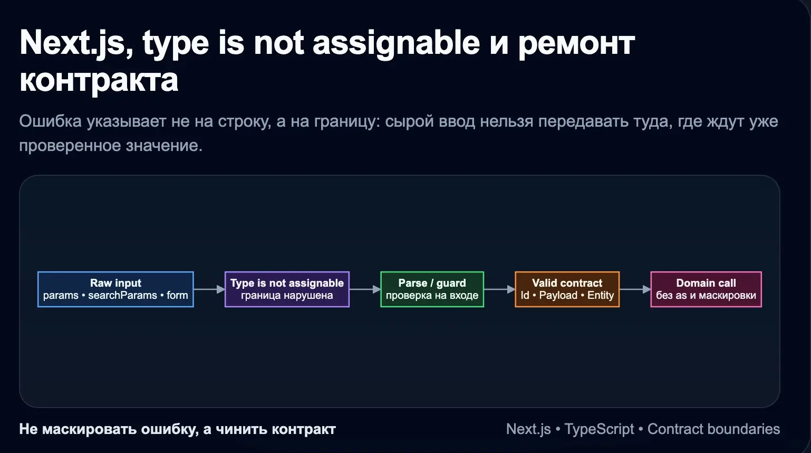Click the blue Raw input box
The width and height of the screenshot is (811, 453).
[115, 289]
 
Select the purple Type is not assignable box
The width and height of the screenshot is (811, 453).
[287, 289]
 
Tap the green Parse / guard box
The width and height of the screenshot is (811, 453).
[432, 289]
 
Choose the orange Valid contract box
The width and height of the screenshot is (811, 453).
[567, 289]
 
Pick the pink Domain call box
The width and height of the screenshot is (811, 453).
[706, 289]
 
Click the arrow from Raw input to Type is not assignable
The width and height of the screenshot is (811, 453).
[209, 289]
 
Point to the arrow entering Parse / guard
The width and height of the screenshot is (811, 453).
[365, 289]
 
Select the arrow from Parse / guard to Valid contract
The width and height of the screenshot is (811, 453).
[499, 289]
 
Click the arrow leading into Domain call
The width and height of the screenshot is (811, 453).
[635, 289]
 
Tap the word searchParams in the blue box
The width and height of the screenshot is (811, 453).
[122, 296]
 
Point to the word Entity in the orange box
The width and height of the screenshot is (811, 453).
[601, 296]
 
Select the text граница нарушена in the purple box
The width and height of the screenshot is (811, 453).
[287, 296]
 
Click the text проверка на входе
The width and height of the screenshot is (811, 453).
[432, 296]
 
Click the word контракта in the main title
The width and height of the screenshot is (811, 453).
[99, 80]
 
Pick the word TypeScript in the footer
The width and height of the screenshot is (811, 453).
[599, 429]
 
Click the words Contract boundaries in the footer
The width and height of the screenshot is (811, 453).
[713, 429]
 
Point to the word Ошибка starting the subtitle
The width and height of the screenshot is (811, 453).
[50, 121]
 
